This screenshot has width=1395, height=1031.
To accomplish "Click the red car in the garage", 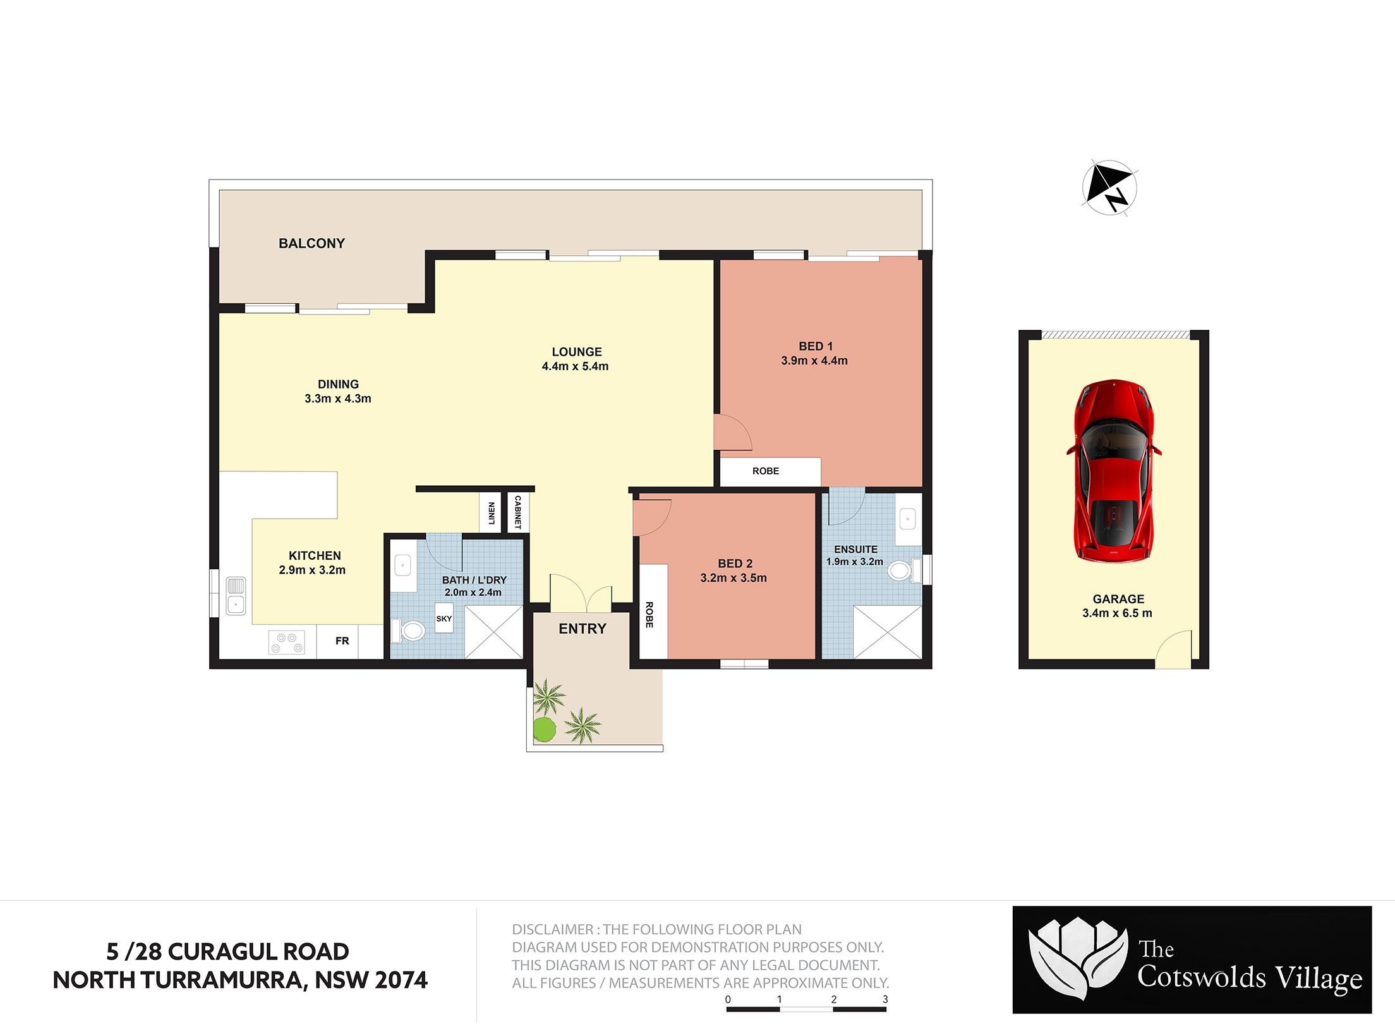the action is (1114, 471).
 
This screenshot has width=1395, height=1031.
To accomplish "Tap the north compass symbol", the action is (1109, 188).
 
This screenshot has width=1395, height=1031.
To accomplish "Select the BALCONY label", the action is (311, 243).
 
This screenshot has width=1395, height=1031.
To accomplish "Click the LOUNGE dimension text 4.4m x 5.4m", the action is (575, 366).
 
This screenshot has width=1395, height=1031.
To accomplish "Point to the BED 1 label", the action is (816, 346).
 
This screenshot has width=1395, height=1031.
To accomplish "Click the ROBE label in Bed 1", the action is (766, 471).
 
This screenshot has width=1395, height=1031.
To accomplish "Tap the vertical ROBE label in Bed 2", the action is (649, 615).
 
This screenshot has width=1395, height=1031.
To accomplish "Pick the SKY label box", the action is (444, 618).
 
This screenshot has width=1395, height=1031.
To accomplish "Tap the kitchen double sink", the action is (236, 595).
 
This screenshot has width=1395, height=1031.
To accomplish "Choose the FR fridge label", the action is (342, 641).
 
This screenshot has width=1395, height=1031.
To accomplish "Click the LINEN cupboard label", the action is (492, 513).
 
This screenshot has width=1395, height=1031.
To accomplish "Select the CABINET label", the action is (518, 512).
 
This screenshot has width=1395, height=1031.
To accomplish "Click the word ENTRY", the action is (583, 629).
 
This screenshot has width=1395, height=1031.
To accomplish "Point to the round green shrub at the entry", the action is (545, 729).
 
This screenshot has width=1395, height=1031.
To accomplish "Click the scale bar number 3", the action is (885, 999).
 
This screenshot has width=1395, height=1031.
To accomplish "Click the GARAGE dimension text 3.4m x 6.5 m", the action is (1117, 613).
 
